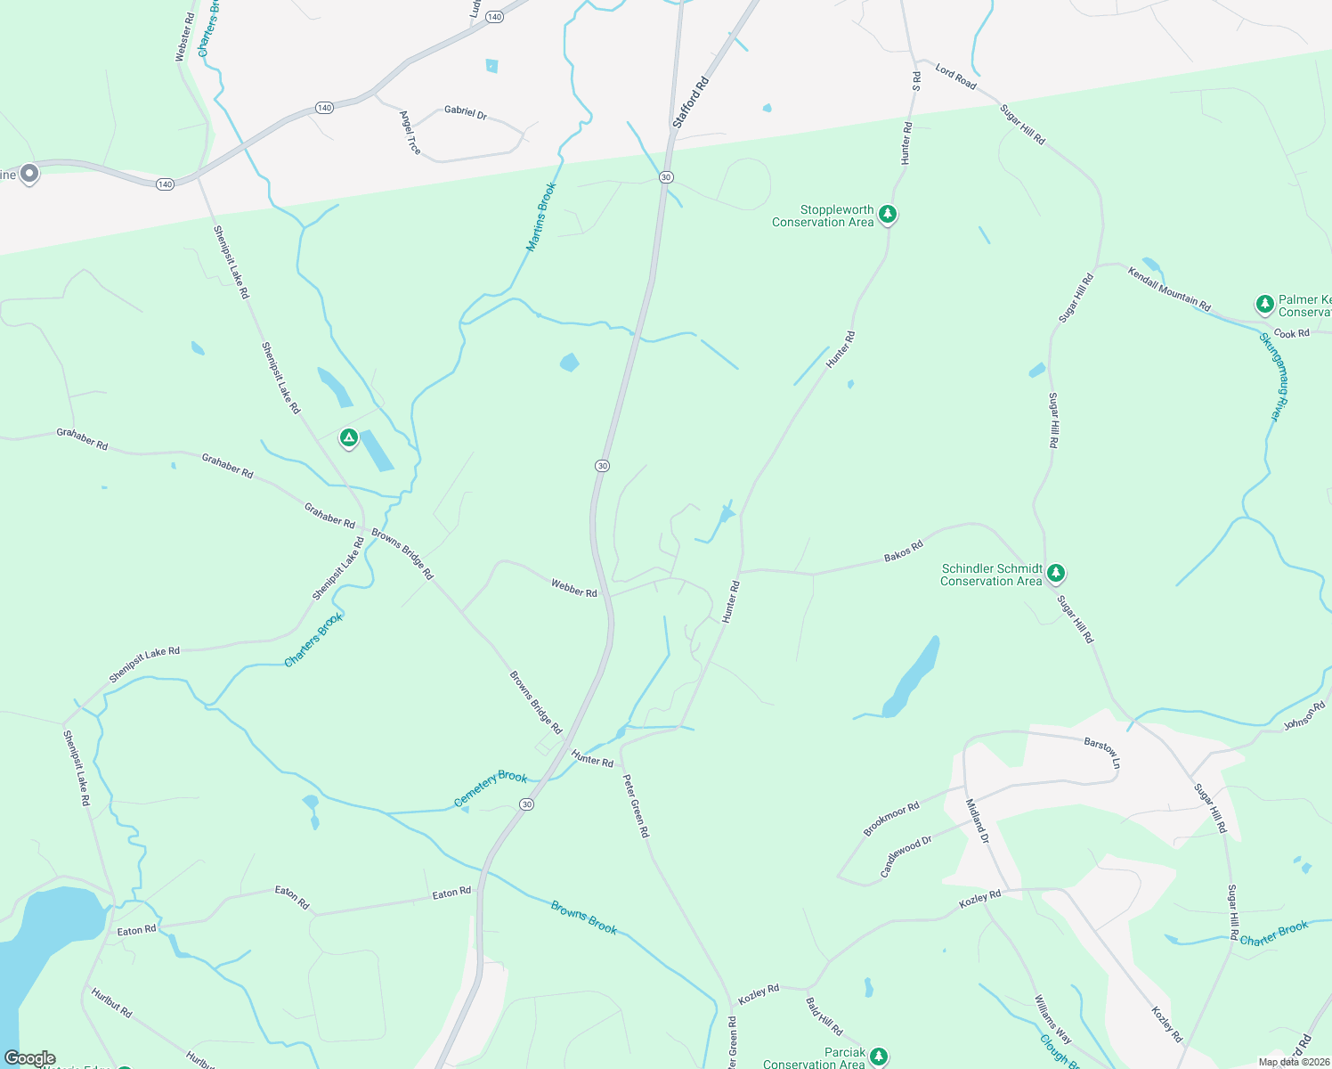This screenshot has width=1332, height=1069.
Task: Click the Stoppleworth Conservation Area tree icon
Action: pos(887,215)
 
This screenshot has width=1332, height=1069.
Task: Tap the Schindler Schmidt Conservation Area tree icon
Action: pos(1055,574)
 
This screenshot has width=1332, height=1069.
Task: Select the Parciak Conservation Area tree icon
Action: pos(879,1057)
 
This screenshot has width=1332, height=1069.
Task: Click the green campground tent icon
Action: pos(349,438)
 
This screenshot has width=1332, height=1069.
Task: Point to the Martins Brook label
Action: pos(541,216)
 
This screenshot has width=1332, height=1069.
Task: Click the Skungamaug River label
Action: pos(1274,377)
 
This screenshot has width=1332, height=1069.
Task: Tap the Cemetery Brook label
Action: pos(491,788)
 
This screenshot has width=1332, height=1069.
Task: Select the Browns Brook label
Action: pos(584,918)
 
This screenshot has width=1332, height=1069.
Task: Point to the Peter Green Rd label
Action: pos(636,806)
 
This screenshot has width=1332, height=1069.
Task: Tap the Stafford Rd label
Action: pos(691,102)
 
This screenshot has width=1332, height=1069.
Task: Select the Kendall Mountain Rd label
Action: pos(1169,289)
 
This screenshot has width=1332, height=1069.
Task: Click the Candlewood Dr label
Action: pos(906,857)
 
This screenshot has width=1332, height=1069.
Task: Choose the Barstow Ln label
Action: pos(1102,753)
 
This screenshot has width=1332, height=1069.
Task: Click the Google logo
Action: pos(30,1058)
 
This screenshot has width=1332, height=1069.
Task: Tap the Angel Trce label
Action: pos(410,133)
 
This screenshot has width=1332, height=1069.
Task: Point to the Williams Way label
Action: pos(1053,1019)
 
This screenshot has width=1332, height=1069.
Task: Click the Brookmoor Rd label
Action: pos(890,819)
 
